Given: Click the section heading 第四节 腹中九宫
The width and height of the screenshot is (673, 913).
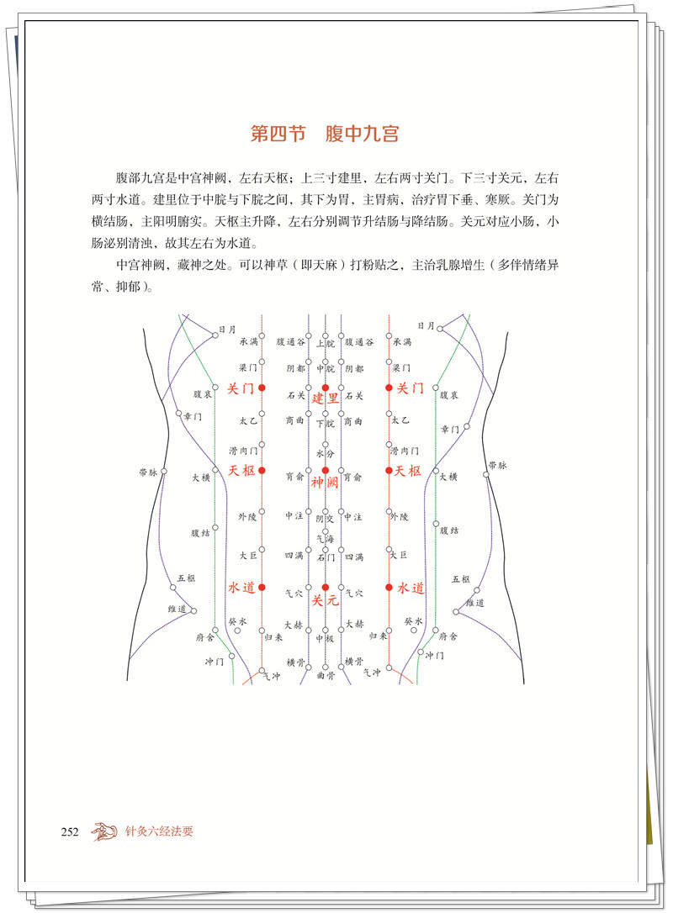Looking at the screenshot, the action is click(324, 134).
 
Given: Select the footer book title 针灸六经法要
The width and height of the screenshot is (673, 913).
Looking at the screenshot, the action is click(160, 832).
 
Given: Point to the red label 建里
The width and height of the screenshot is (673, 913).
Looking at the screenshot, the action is click(326, 398).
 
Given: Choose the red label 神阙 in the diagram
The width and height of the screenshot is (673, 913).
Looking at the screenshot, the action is click(325, 482).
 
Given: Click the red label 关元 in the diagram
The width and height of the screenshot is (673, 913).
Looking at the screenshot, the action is click(325, 600).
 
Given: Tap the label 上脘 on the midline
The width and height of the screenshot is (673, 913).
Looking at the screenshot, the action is click(326, 343).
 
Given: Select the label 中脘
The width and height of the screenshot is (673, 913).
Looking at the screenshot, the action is click(326, 368).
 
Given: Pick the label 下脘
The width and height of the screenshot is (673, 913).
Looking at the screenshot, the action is click(326, 424).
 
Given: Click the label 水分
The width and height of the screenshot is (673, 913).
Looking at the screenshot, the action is click(326, 453).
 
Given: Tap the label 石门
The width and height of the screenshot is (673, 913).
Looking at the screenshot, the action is click(326, 556).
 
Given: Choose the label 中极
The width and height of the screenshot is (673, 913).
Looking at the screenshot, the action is click(326, 638).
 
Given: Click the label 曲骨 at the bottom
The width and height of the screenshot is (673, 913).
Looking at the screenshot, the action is click(326, 674).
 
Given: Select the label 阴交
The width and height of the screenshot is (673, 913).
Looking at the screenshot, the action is click(326, 519).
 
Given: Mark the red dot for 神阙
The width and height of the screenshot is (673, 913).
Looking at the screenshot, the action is click(326, 470).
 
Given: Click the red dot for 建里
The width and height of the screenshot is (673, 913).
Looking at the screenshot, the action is click(326, 388).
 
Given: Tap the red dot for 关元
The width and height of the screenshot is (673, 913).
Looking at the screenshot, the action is click(326, 587).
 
